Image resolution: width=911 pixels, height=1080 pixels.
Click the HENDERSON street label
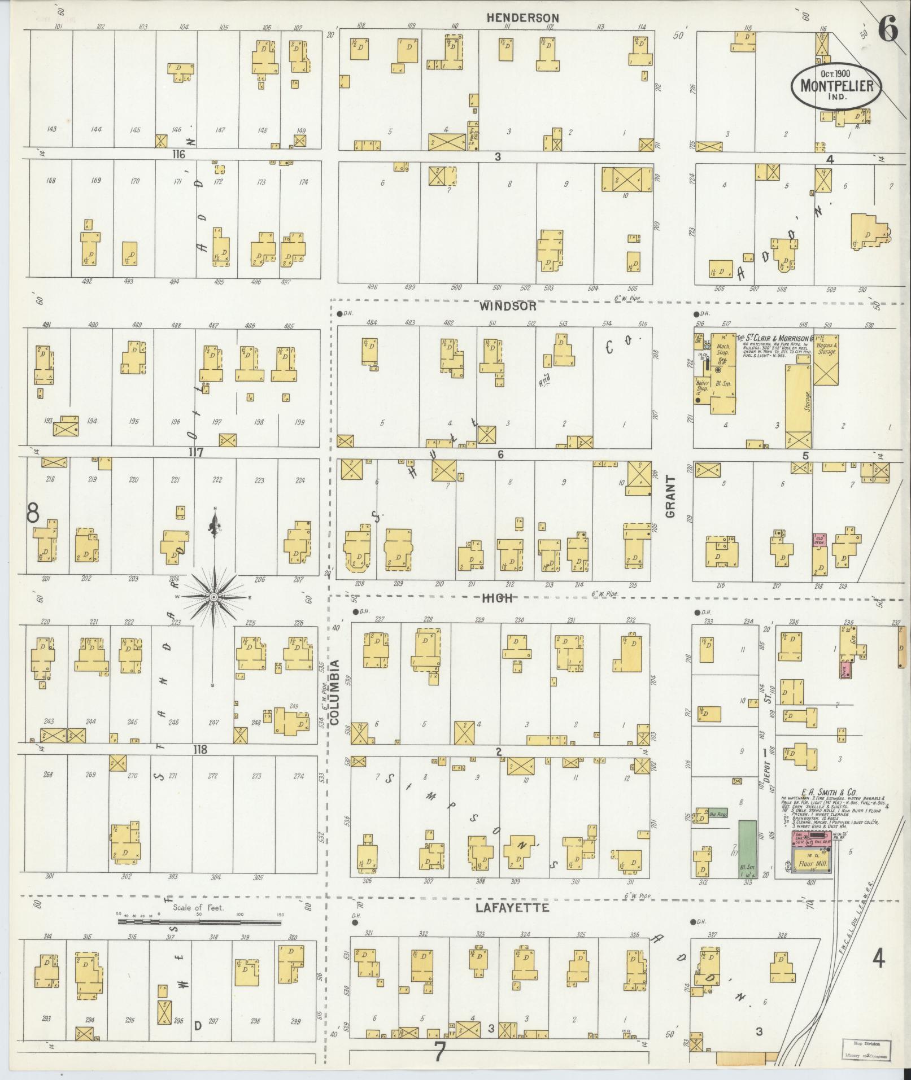[x=523, y=18]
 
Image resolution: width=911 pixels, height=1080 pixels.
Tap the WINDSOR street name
[x=508, y=306]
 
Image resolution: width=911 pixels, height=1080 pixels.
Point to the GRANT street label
[x=670, y=497]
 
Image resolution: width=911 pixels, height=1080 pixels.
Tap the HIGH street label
[x=497, y=598]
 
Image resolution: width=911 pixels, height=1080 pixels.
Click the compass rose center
[x=214, y=597]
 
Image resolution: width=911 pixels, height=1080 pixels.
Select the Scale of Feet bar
[x=199, y=922]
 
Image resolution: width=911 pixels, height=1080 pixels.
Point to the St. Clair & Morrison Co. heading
[x=774, y=337]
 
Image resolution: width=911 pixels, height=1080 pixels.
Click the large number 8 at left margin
[x=33, y=513]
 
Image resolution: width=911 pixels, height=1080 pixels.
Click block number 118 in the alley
[x=199, y=750]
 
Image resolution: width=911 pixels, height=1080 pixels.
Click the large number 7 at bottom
[x=439, y=1052]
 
